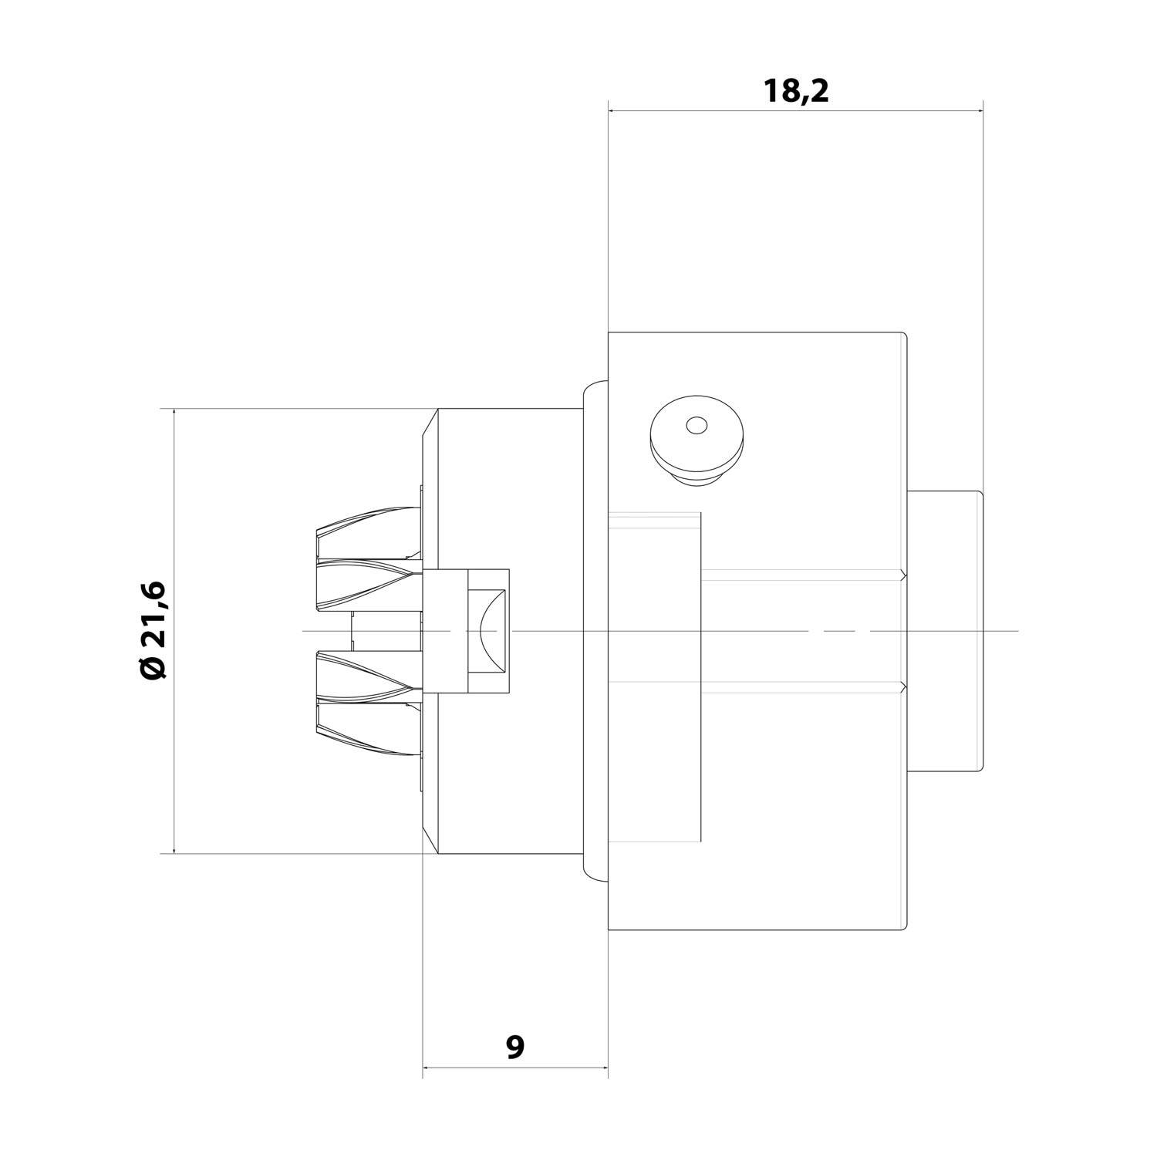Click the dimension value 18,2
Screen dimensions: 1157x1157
pyautogui.click(x=795, y=91)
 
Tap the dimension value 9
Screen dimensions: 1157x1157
pyautogui.click(x=515, y=1047)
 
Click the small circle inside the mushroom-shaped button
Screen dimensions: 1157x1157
pyautogui.click(x=696, y=425)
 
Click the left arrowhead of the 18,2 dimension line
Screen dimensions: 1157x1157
pyautogui.click(x=613, y=111)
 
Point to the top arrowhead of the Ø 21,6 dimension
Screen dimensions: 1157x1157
pyautogui.click(x=174, y=413)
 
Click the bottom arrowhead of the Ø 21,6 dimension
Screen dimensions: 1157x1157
pyautogui.click(x=174, y=848)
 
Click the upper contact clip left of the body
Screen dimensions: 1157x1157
pyautogui.click(x=367, y=555)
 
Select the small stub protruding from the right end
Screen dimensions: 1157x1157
pyautogui.click(x=946, y=630)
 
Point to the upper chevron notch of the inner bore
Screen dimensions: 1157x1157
pyautogui.click(x=901, y=575)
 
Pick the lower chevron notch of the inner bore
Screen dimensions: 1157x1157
pyautogui.click(x=901, y=686)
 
